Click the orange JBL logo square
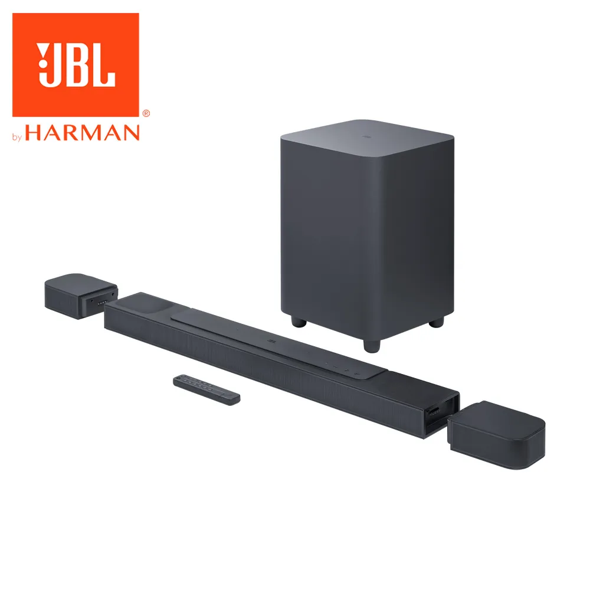76,64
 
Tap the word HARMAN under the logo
83,132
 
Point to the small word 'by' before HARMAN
17,137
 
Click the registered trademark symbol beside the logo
146,112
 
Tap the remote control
206,389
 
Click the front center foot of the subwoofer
371,345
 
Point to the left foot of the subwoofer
297,322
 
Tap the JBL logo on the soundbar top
272,340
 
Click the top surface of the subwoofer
367,136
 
